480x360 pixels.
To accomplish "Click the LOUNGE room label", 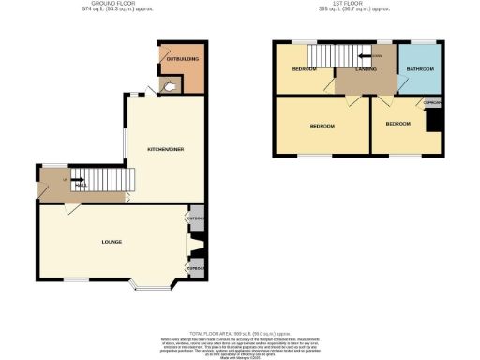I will [x=112, y=242].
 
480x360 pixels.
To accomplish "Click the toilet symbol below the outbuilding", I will [x=169, y=87].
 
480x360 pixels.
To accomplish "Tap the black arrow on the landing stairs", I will [x=372, y=57].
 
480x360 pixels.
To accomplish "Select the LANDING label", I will [x=367, y=69].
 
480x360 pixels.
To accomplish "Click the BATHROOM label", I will [x=419, y=69].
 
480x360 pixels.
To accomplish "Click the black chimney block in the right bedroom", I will [x=433, y=121].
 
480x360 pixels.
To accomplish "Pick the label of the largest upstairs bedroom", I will [x=322, y=125].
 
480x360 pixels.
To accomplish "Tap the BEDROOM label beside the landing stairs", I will [x=303, y=69].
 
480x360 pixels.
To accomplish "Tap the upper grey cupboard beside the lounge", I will [x=197, y=218].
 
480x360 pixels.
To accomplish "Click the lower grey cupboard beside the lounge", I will [x=196, y=268].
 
